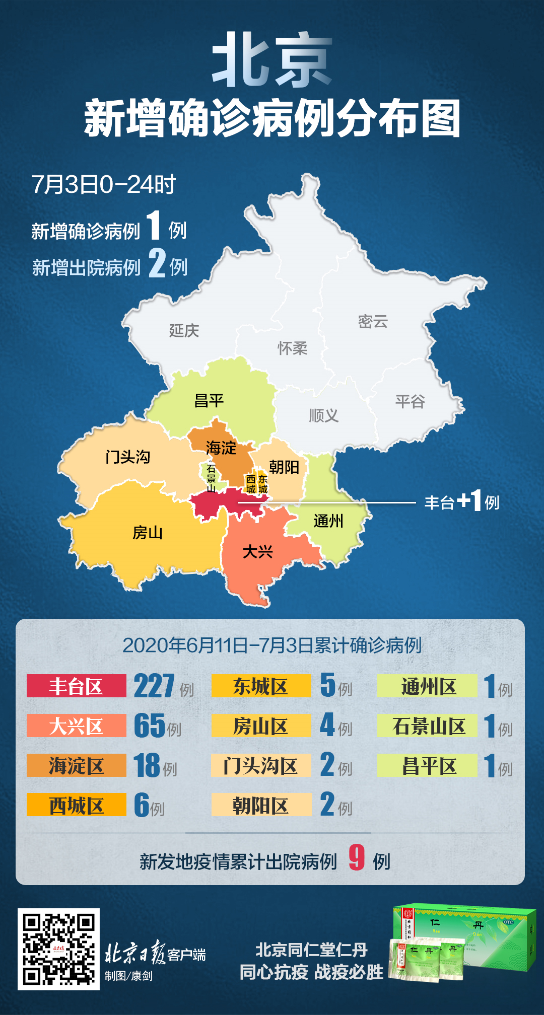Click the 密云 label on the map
point(373,322)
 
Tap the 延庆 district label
point(184,331)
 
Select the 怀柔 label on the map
point(292,348)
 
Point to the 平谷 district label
point(410,401)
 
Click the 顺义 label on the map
point(323,415)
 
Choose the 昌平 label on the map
point(209,401)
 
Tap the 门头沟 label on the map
point(128,457)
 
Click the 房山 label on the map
point(148,532)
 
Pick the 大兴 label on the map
point(257,552)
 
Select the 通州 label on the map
point(328,521)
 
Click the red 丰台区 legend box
point(76,686)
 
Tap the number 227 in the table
point(154,686)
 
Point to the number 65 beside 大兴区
point(150,726)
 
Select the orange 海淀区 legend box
point(76,765)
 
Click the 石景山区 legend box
point(427,726)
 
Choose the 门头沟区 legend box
point(261,765)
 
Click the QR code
point(58,949)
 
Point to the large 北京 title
point(272,60)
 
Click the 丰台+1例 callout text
point(461,502)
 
